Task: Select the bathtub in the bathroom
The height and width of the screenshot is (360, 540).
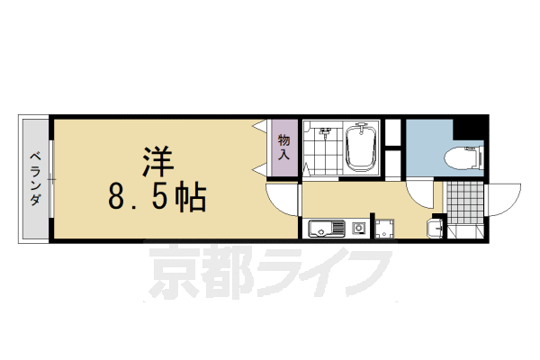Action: [x=363, y=148]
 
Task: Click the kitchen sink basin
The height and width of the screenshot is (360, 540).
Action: [x=322, y=229]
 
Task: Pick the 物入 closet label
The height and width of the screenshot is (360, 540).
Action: [x=283, y=147]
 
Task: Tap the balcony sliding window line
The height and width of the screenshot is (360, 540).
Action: [x=51, y=180]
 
